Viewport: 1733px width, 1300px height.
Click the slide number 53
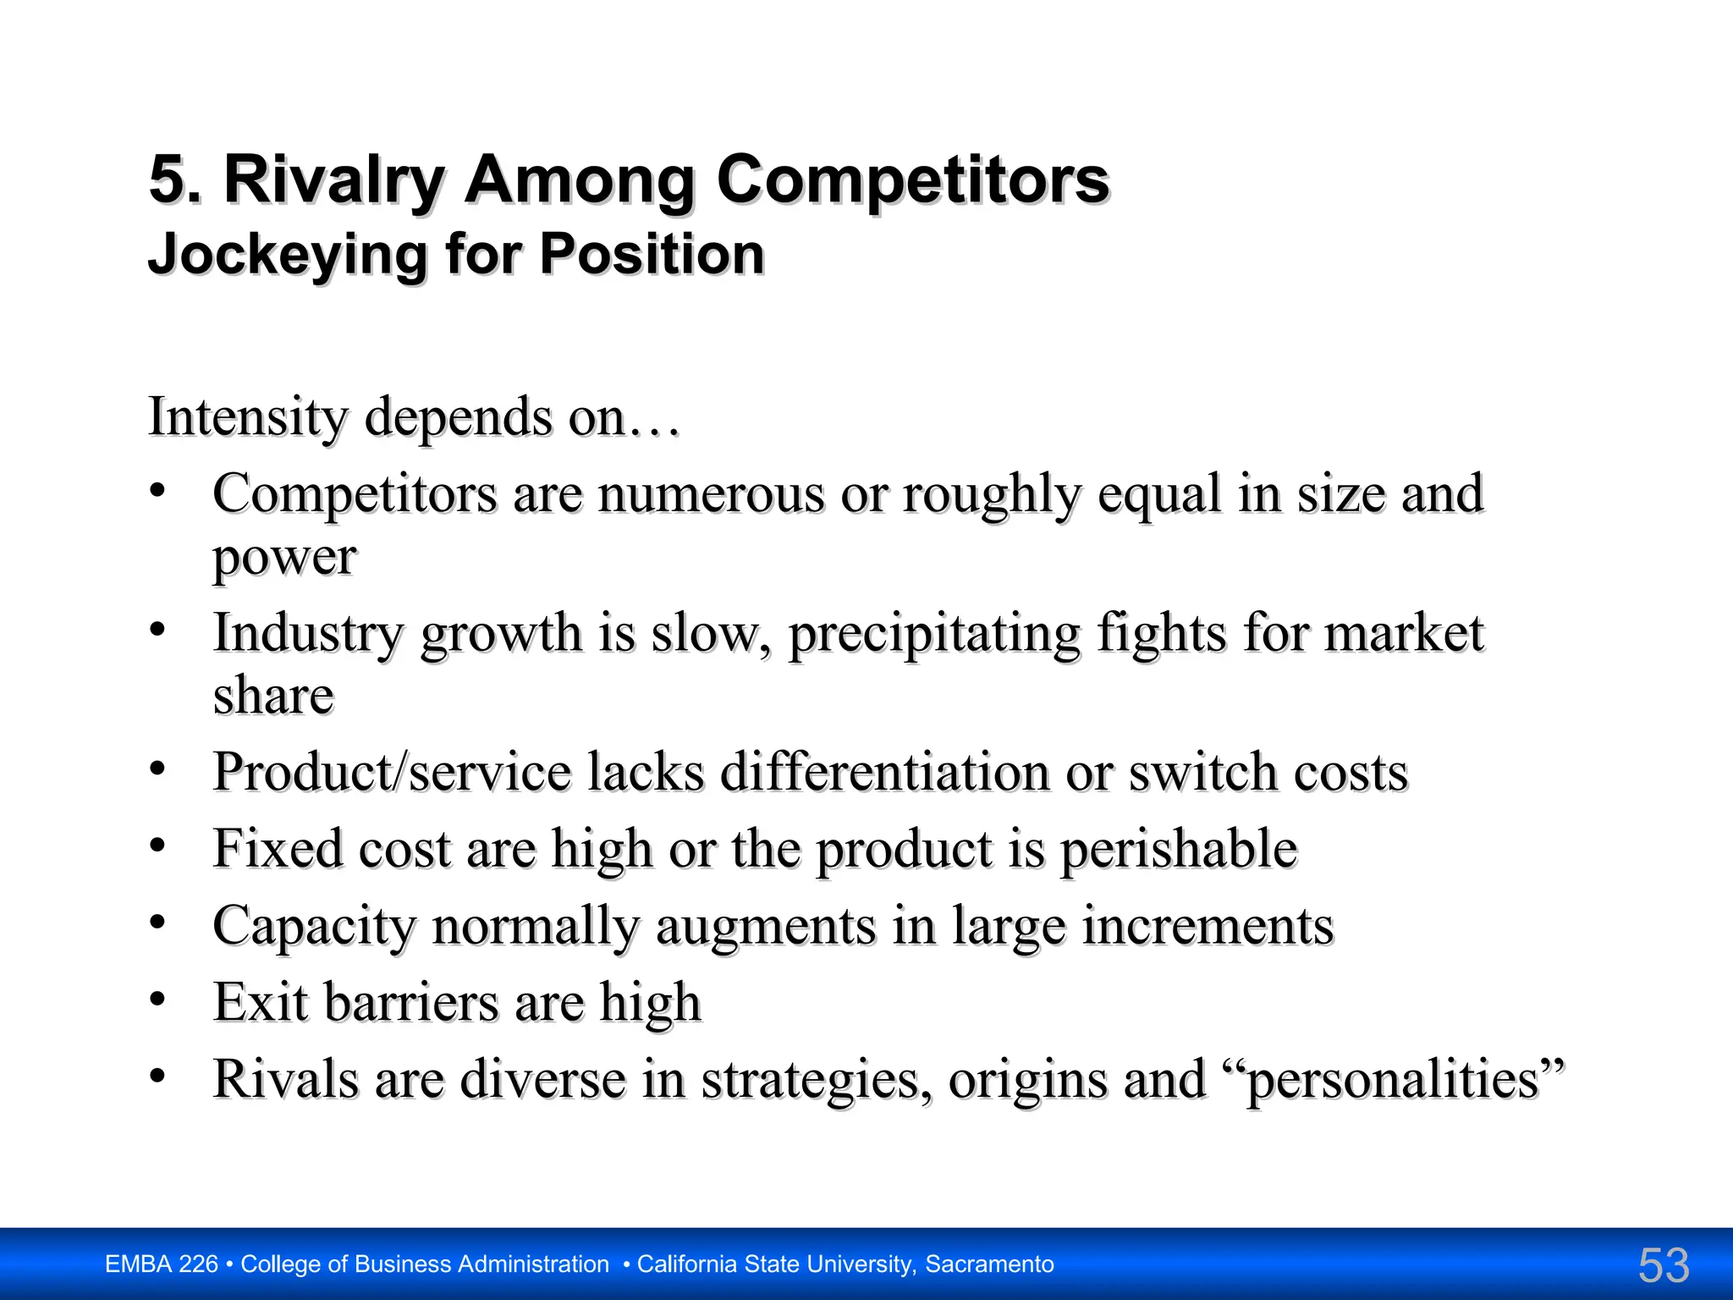[x=1663, y=1265]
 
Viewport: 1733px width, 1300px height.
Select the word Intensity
[x=248, y=417]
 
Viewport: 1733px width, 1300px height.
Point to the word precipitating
[x=934, y=634]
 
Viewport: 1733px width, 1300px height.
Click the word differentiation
[x=885, y=772]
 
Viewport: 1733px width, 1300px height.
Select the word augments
[x=766, y=926]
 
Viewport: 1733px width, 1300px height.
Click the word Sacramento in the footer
[x=989, y=1264]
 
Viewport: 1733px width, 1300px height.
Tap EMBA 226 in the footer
[x=162, y=1264]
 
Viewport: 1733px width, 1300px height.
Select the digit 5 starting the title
[x=167, y=180]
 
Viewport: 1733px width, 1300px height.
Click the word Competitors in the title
[x=912, y=180]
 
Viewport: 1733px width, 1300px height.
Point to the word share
[x=273, y=696]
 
